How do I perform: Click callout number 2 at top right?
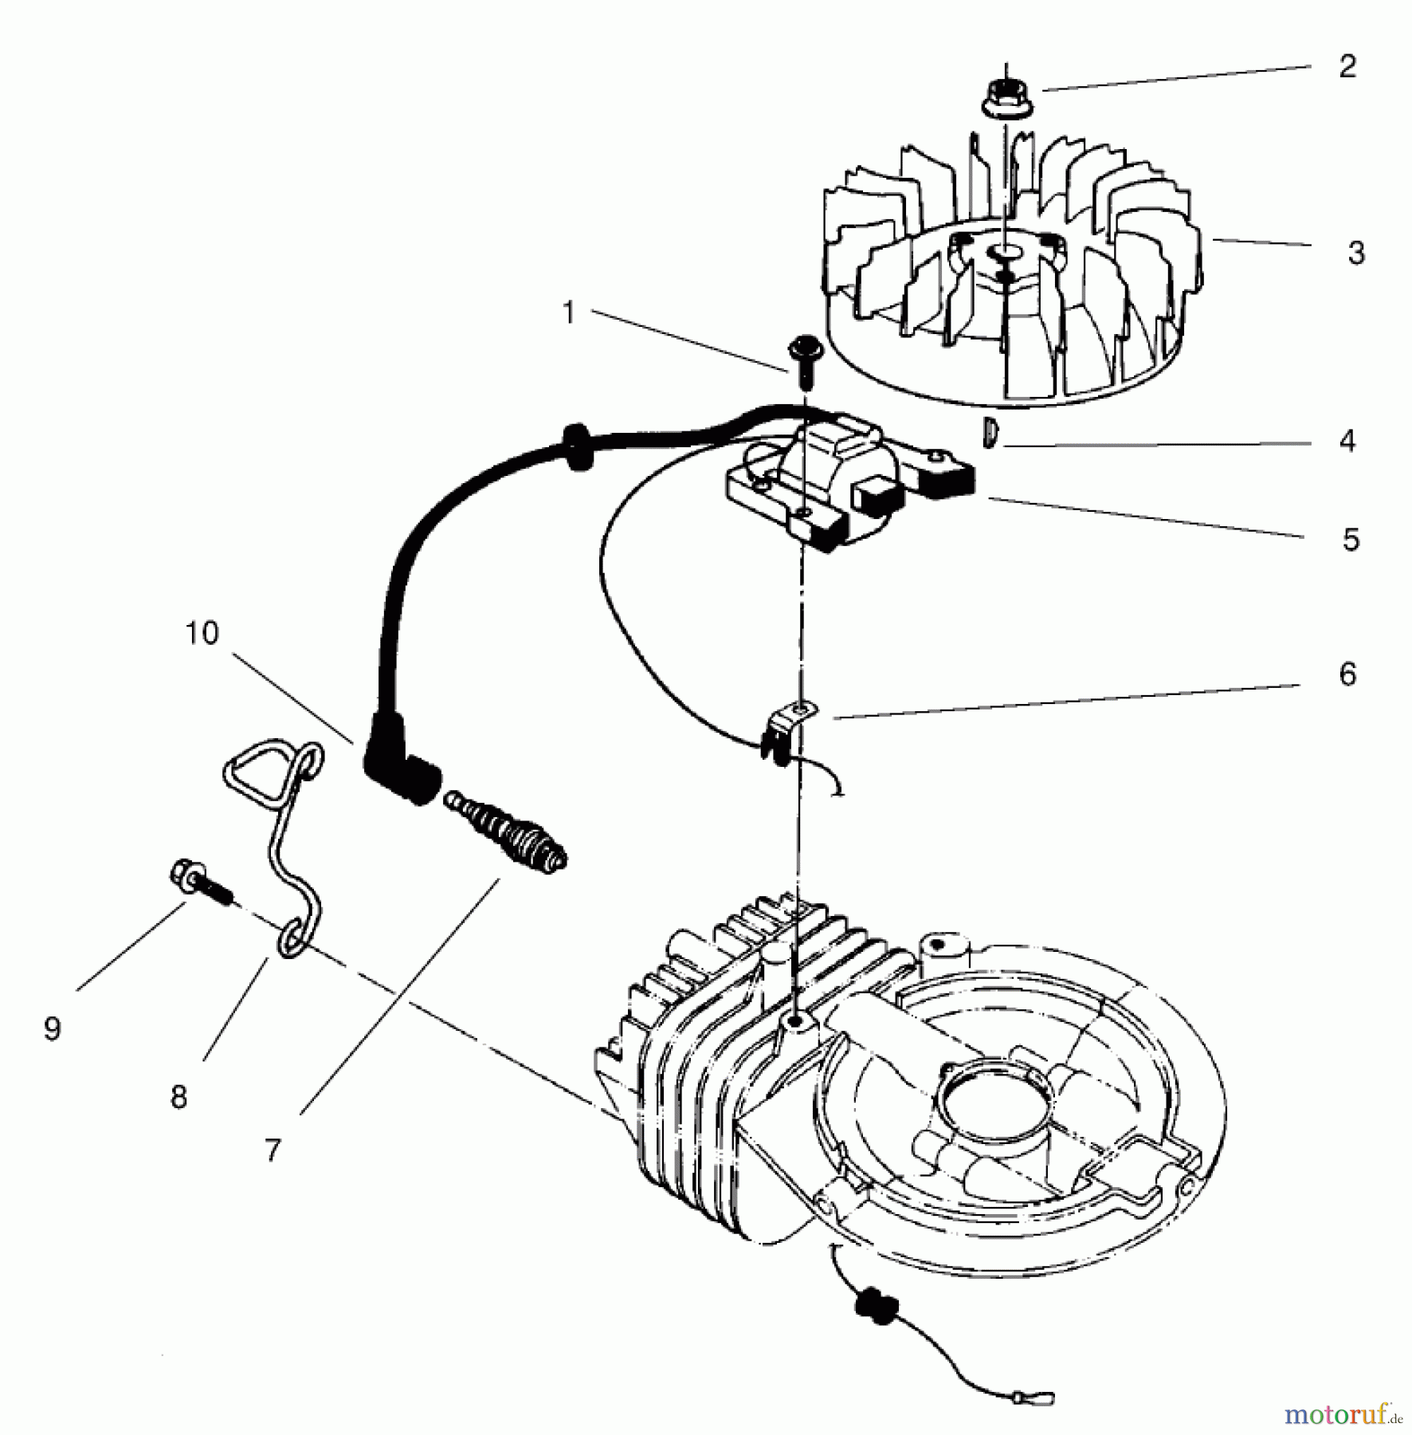point(1347,67)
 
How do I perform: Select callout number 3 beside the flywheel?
point(1355,254)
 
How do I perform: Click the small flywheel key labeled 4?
point(988,433)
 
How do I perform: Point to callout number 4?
point(1347,441)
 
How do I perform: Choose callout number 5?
point(1350,540)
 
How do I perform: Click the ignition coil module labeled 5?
point(845,490)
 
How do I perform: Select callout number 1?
point(568,313)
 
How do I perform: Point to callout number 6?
point(1347,674)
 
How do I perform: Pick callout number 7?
point(273,1150)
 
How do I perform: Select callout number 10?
point(201,633)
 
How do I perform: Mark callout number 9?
point(53,1029)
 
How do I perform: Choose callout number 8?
point(178,1097)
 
